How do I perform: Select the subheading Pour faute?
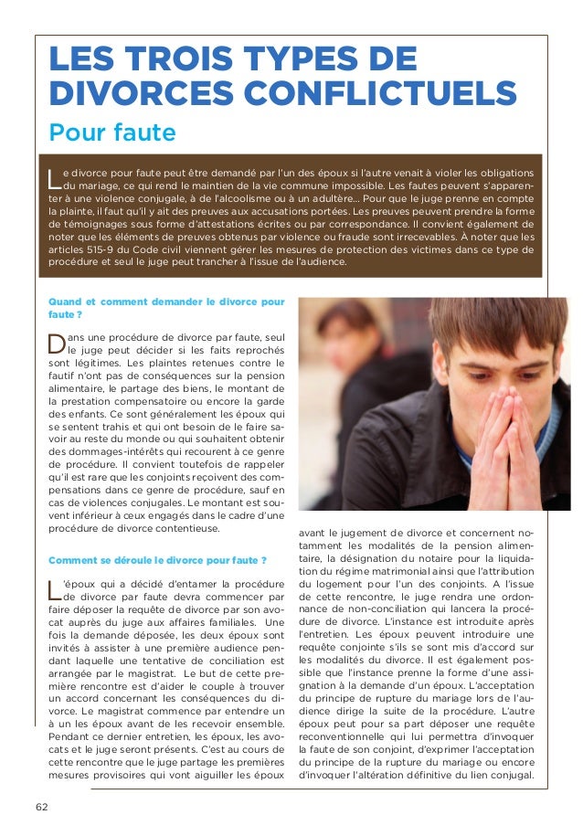pyautogui.click(x=112, y=133)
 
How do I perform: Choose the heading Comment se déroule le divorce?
pyautogui.click(x=158, y=560)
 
